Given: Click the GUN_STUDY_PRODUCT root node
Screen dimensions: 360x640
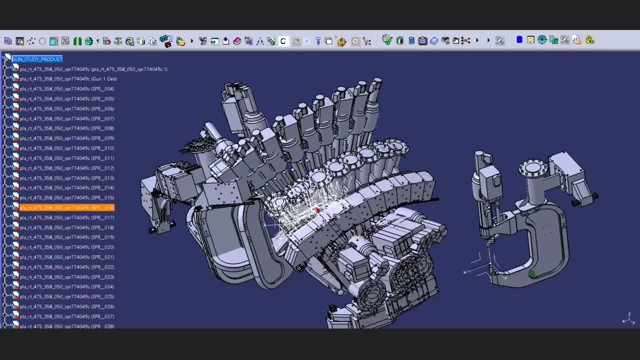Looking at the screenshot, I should pos(37,59).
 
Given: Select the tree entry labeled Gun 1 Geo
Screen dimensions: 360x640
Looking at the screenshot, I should pos(68,79).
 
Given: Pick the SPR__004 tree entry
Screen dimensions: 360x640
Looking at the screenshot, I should pos(66,89).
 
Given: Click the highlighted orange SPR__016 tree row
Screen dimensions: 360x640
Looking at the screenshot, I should pos(66,207).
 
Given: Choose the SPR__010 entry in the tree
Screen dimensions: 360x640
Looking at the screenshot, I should pos(66,148).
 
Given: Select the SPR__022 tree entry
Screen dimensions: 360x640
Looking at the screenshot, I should pos(66,267).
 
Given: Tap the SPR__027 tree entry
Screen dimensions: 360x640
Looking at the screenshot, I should pos(66,316).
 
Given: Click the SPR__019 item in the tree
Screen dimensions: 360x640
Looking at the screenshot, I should pos(66,237).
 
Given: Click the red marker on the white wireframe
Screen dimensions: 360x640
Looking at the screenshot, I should pos(318,210).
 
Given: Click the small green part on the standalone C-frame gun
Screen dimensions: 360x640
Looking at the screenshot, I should pos(532,273).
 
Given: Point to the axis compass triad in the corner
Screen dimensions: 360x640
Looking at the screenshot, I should pos(628,318).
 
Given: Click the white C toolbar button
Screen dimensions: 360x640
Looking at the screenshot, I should pos(283,41).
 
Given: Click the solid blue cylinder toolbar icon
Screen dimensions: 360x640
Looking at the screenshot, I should pos(519,40).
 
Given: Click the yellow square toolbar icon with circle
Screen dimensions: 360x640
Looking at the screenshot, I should pos(530,40).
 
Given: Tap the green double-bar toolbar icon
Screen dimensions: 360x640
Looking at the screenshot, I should pos(77,41).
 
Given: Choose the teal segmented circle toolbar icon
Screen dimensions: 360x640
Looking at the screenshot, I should pos(542,40).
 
